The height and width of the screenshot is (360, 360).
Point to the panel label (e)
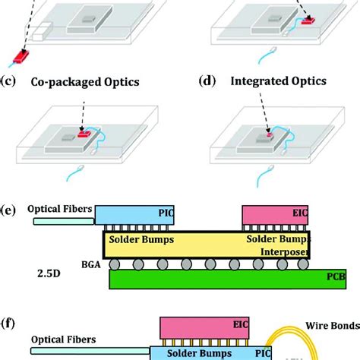tap(10, 209)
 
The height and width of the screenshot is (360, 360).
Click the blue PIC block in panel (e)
tap(133, 216)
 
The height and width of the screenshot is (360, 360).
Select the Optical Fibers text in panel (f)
tap(58, 341)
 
